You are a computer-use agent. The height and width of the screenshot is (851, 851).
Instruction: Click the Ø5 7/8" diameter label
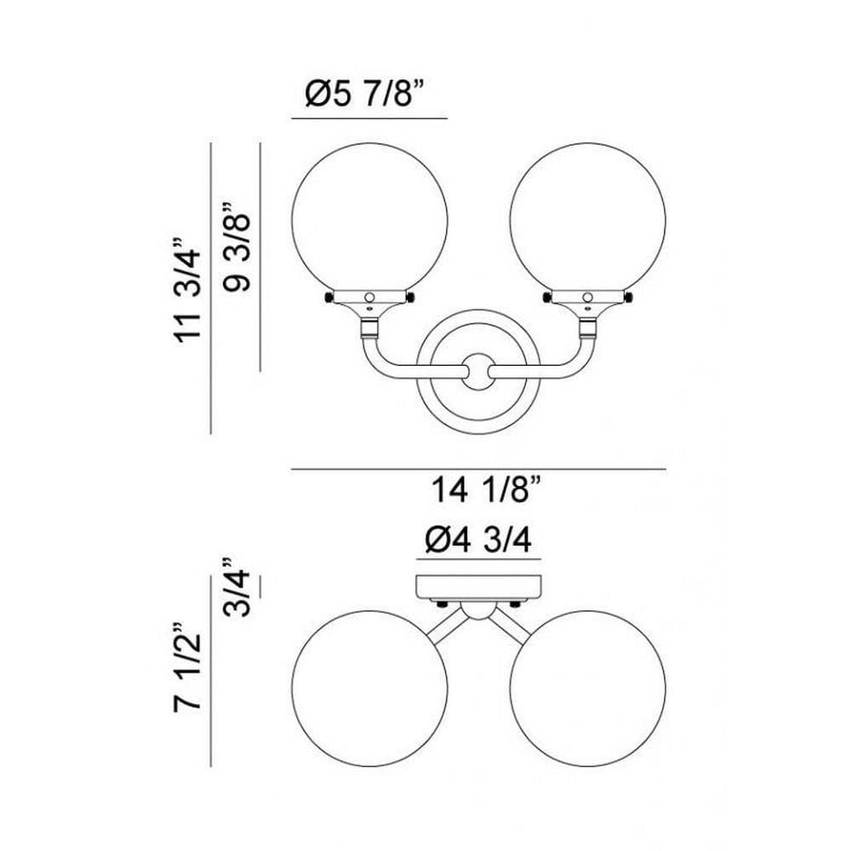pos(363,94)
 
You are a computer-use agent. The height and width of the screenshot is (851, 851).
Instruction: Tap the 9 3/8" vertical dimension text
pos(237,248)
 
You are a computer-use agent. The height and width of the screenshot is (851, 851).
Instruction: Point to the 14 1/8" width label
pos(487,489)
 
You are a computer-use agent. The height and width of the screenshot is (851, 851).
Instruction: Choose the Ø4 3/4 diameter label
pos(478,540)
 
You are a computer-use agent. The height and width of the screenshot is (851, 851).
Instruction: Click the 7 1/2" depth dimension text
pos(188,666)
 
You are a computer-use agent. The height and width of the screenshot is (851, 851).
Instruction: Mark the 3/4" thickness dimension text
pos(237,586)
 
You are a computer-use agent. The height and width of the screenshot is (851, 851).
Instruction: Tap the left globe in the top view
pos(369,688)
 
